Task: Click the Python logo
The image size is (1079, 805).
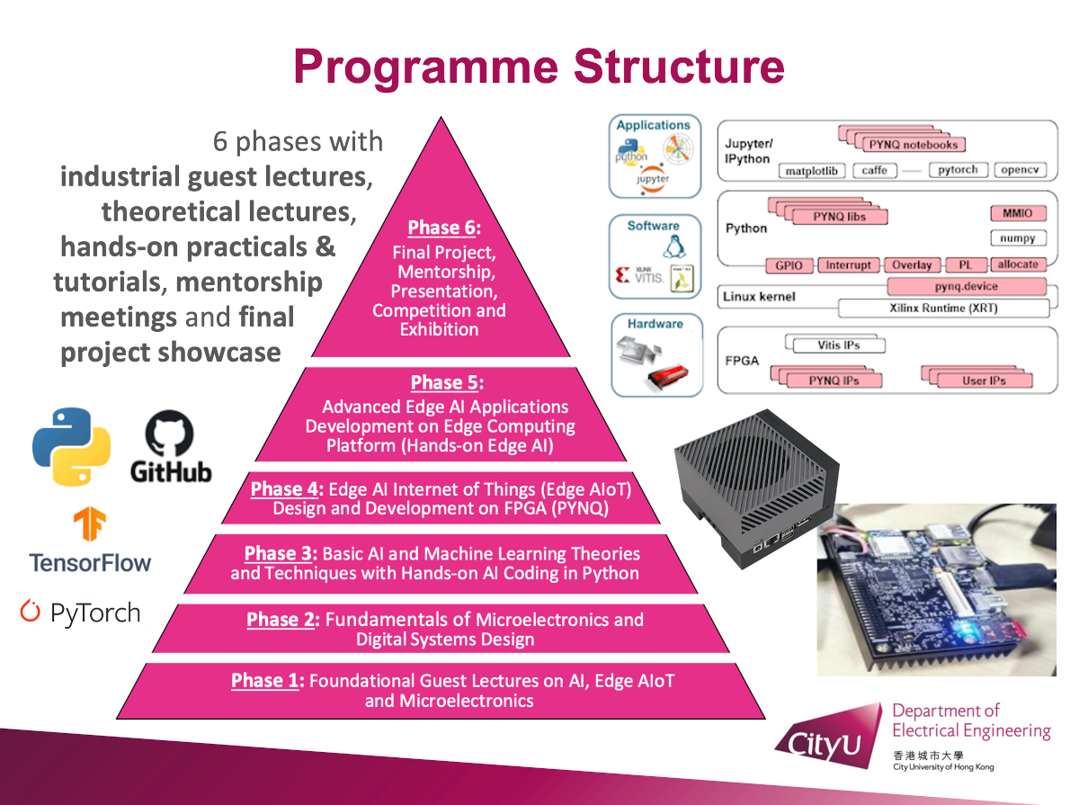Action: (x=72, y=447)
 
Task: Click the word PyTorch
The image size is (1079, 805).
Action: (x=94, y=613)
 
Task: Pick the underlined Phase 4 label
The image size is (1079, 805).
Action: (x=285, y=489)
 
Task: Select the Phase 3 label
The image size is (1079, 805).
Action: (x=280, y=553)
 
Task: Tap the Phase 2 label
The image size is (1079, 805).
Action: (x=281, y=620)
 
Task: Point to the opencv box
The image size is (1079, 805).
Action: (x=1020, y=170)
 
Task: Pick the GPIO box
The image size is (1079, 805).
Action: (x=789, y=265)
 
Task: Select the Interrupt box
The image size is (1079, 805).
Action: (x=848, y=265)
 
